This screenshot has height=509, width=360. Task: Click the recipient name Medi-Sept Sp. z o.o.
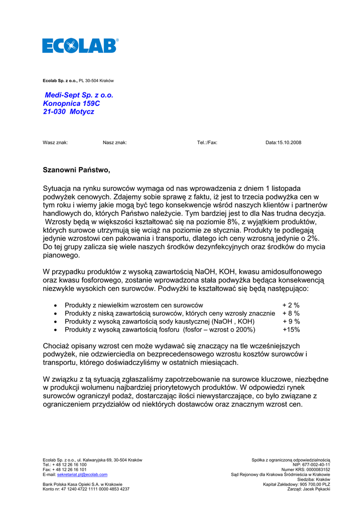tap(79, 95)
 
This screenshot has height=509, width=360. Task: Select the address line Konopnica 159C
tap(72, 103)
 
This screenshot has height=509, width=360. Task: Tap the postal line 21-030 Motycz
tap(69, 112)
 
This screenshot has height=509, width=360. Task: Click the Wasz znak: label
tap(55, 143)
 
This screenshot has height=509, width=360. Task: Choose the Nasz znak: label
tap(115, 143)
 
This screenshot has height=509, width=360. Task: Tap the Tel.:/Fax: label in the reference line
tap(207, 143)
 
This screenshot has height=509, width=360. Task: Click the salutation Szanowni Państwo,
tap(77, 170)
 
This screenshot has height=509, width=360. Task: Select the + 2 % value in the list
tap(291, 305)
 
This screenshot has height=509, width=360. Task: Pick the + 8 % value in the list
tap(291, 313)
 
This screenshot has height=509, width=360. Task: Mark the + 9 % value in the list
tap(291, 322)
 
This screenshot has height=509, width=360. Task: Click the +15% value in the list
tap(291, 330)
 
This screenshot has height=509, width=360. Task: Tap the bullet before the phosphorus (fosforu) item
tap(55, 330)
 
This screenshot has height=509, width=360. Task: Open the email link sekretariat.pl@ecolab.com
tap(82, 475)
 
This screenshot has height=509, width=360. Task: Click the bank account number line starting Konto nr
tap(86, 489)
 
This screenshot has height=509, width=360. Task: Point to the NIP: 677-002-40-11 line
tap(311, 465)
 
